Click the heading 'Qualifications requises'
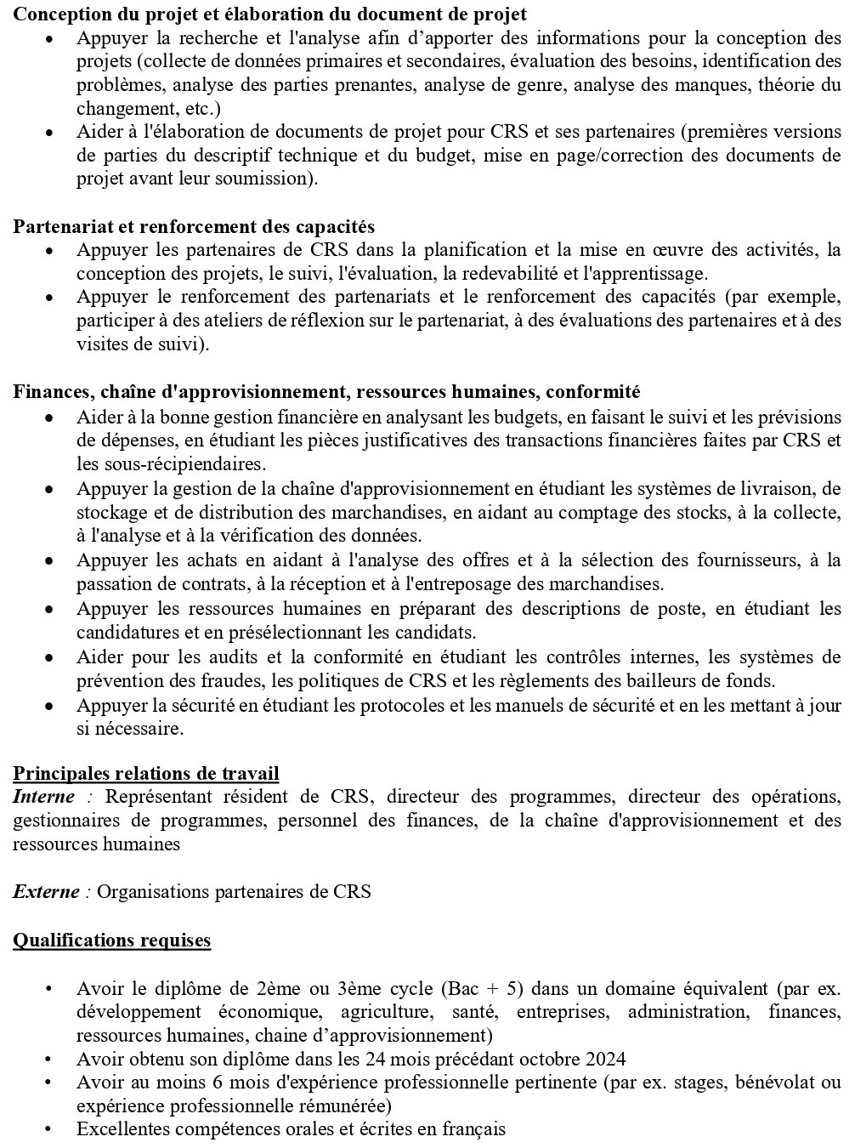point(111,940)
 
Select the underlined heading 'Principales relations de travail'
point(145,773)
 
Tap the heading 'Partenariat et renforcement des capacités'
point(193,227)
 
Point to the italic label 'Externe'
point(47,892)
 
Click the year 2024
point(606,1059)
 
